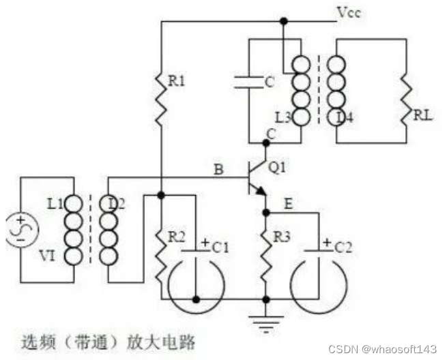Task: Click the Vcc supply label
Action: coord(350,13)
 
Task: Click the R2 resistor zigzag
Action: coord(161,256)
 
